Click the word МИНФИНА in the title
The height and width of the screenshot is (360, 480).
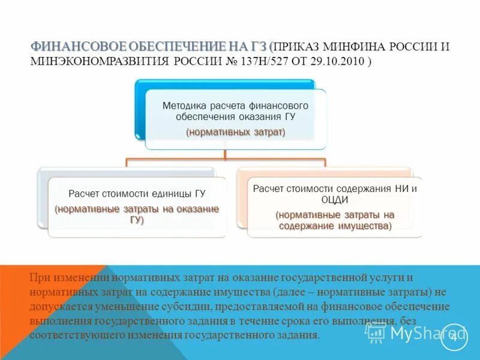click(x=354, y=47)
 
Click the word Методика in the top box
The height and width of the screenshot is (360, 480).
click(x=182, y=105)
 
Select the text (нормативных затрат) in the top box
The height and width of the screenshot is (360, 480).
click(x=235, y=131)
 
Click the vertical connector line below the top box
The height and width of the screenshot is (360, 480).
click(x=225, y=154)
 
